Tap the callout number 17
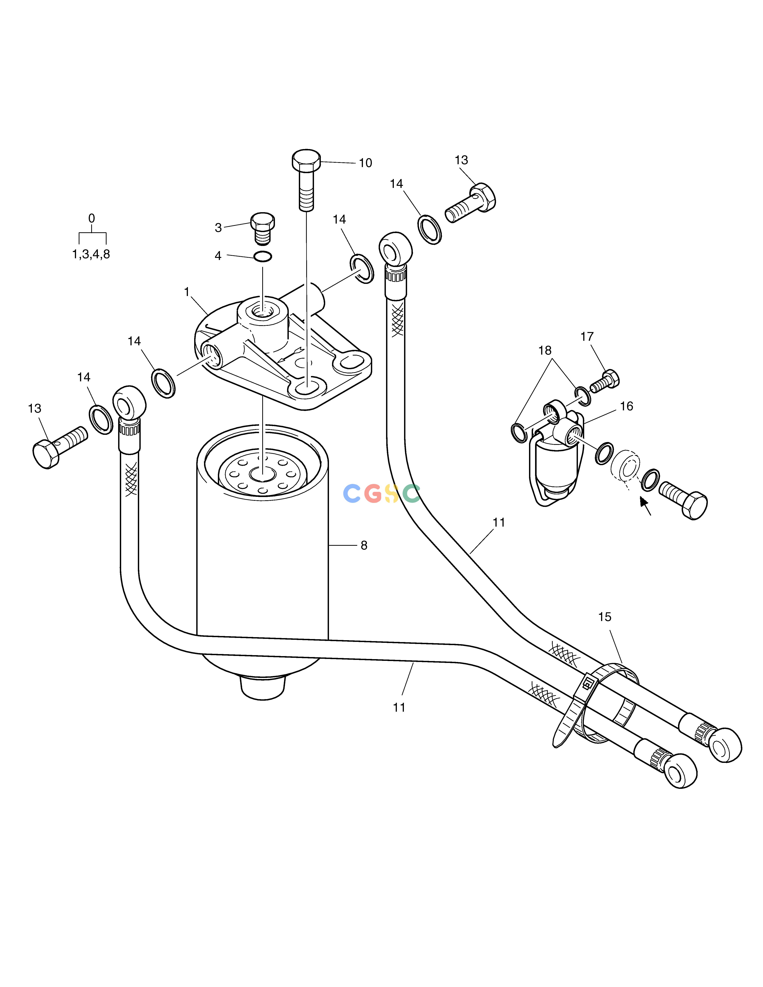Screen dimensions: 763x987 (x=587, y=337)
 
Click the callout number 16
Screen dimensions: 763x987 (x=626, y=406)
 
